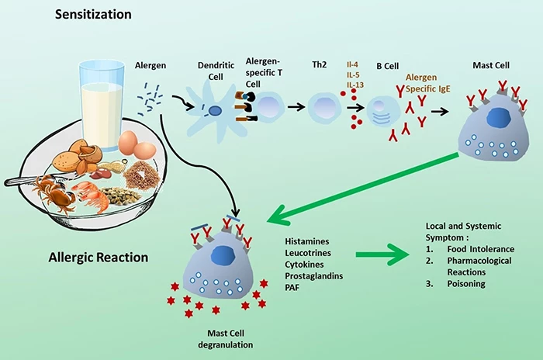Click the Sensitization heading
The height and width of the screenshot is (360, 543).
pos(93,15)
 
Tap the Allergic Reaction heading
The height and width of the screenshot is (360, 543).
pos(99,258)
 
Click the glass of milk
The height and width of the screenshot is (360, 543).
pos(102,105)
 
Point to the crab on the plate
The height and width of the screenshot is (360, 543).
pos(54,192)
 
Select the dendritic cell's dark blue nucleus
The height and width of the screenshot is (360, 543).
pos(215,110)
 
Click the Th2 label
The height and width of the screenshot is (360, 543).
pos(320,65)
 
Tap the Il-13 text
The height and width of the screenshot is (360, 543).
pos(355,85)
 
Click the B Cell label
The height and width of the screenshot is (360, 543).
pos(388,66)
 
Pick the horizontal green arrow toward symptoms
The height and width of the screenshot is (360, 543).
pos(382,255)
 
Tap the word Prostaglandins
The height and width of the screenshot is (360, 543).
pos(314,275)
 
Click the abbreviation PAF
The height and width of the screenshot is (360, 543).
pos(292,287)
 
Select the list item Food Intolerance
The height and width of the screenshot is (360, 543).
pos(481,249)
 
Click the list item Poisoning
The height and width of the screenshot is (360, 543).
pos(466,283)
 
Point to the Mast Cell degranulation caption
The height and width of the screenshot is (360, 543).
pos(226,339)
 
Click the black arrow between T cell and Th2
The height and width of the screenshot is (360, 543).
pos(296,107)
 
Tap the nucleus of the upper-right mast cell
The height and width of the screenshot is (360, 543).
pos(499,117)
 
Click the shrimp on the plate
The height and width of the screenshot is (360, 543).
pos(92,194)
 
